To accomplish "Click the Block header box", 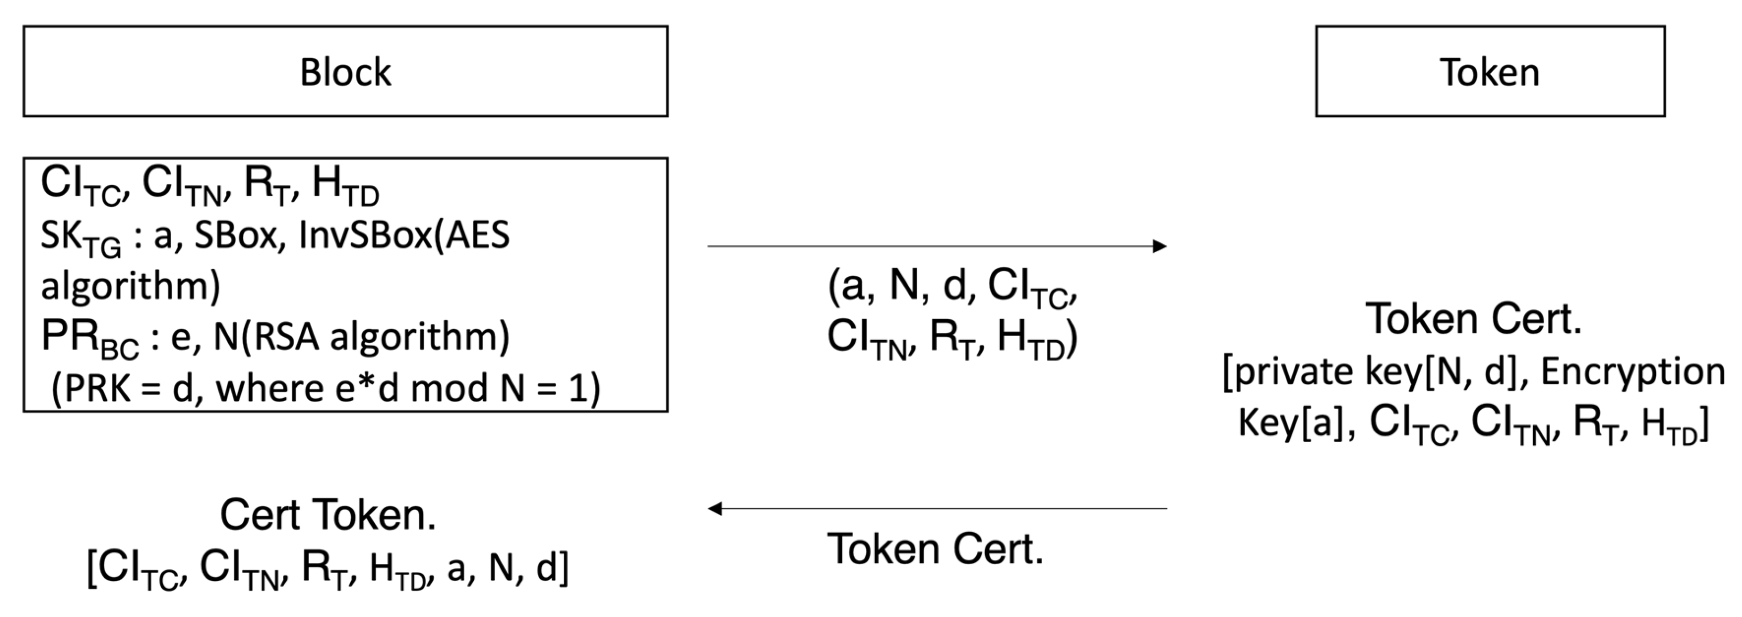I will click(x=345, y=72).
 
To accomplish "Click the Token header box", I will click(x=1490, y=72).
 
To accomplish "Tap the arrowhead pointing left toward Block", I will click(x=716, y=508).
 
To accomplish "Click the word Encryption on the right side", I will click(x=1633, y=372).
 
